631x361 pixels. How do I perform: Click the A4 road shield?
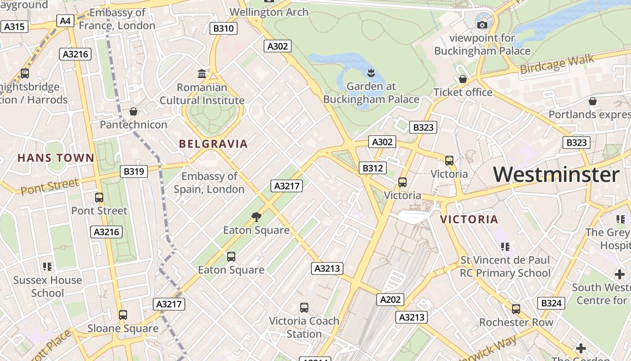point(65,21)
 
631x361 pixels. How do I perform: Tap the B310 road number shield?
point(224,28)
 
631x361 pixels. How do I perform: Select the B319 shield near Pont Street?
point(134,171)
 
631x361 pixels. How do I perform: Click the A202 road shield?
point(390,299)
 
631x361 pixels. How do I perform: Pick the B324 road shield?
point(551,303)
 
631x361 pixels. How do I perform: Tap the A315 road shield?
point(14,27)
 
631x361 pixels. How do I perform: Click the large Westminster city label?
point(556,175)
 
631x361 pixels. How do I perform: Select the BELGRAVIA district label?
point(213,144)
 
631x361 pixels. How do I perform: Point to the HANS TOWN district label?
point(56,158)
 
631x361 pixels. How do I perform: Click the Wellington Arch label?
point(269,12)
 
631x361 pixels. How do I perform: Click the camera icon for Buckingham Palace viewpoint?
point(482,25)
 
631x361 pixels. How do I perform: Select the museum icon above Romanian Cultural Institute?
point(202,74)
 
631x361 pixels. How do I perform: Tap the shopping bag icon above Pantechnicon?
point(133,111)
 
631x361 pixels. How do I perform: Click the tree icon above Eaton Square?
point(256,217)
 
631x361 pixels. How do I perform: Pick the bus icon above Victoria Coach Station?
point(304,308)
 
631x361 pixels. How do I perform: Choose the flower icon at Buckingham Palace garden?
point(371,73)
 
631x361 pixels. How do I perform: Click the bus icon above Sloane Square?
point(123,315)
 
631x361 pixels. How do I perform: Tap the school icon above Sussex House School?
point(47,267)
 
